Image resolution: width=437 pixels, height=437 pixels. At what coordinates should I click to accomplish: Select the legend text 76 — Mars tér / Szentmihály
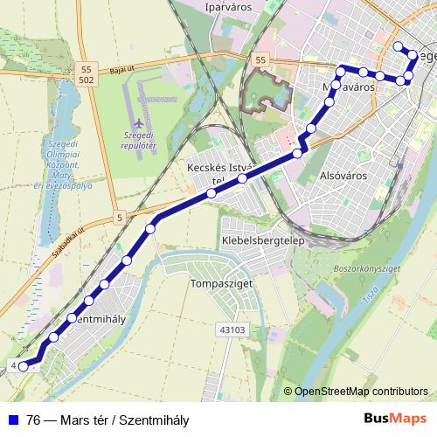(x=108, y=419)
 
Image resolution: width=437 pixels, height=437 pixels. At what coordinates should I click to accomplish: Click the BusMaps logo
(x=395, y=419)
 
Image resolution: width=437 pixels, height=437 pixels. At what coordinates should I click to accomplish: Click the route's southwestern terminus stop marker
(x=24, y=366)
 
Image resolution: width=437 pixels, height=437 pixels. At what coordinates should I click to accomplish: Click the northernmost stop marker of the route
(x=399, y=46)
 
